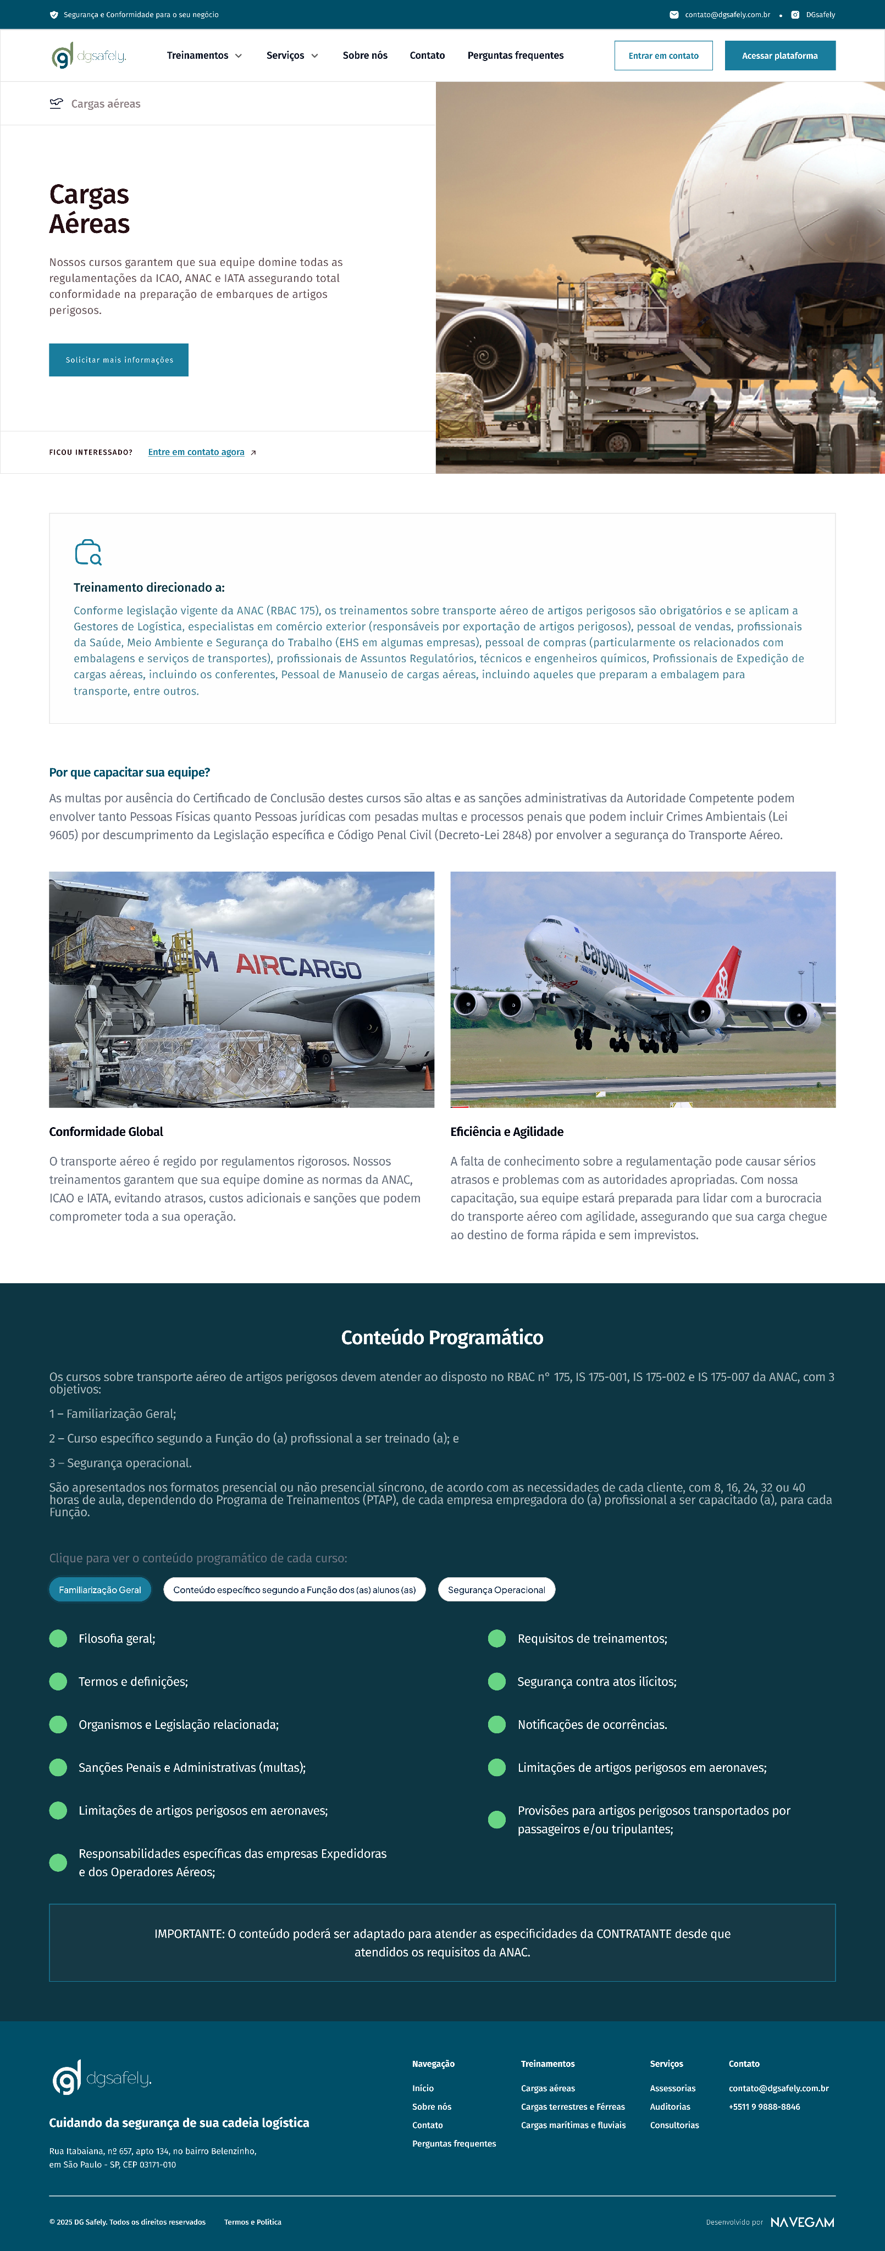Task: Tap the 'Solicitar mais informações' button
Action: coord(119,360)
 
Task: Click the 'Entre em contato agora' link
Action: coord(197,453)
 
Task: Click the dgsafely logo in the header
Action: coord(89,56)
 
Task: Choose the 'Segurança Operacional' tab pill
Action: coord(496,1589)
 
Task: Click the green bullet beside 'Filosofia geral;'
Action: coord(58,1638)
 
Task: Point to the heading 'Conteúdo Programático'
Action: coord(442,1338)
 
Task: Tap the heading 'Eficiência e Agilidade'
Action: coord(507,1132)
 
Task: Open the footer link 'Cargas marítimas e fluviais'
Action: coord(573,2125)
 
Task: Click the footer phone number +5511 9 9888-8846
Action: coord(765,2107)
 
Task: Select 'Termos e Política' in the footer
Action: coord(252,2222)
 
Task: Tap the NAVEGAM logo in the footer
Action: coord(802,2222)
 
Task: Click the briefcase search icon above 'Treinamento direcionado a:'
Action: coord(88,552)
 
